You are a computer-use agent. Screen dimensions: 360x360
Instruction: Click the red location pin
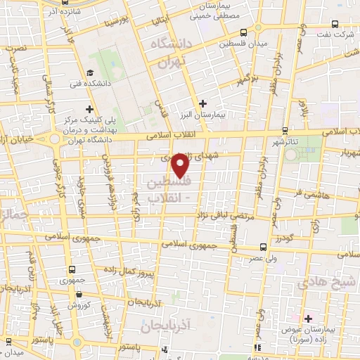click(181, 164)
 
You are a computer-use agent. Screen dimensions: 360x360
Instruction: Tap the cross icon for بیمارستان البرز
click(203, 103)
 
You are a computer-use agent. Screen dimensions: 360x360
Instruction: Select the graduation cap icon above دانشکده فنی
click(90, 72)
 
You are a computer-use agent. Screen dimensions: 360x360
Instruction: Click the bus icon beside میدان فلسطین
click(243, 32)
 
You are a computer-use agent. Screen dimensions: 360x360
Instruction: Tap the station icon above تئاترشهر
click(285, 130)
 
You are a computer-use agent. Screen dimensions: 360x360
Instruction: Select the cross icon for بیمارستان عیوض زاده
click(307, 319)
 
